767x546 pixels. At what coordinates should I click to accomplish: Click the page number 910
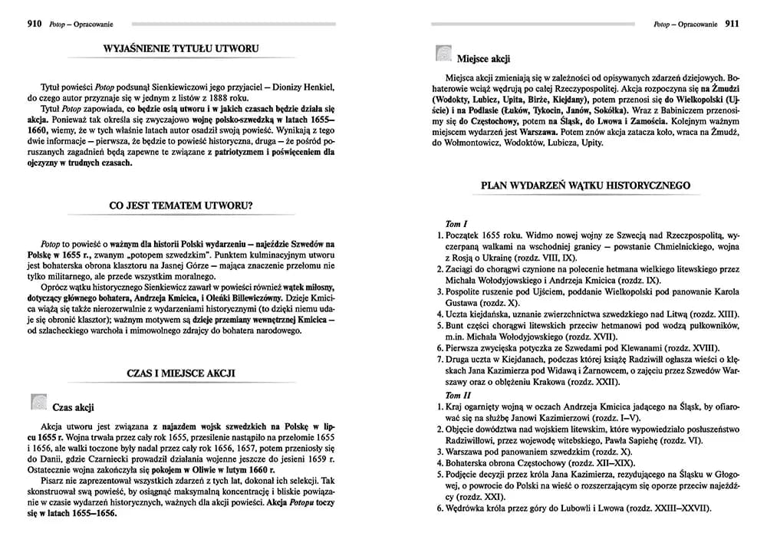click(33, 25)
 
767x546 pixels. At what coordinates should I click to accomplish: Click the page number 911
click(732, 25)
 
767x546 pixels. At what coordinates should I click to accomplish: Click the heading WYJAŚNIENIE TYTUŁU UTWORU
click(181, 50)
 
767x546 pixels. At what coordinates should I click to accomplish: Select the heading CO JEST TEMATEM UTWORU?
click(182, 206)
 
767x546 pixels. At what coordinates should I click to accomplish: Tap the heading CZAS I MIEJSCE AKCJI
click(181, 373)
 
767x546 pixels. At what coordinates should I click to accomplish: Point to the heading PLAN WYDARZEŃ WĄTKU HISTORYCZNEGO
click(585, 186)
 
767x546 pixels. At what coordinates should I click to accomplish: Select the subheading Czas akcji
click(74, 406)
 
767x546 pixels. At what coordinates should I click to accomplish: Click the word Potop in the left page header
click(57, 25)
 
